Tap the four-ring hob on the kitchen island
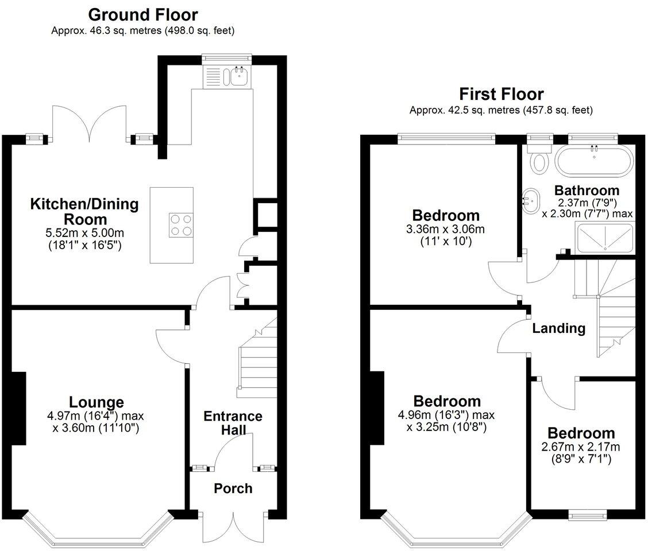tap(180, 225)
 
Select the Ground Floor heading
tap(143, 15)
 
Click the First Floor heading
tap(502, 94)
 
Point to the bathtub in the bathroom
tap(594, 162)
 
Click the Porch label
tap(233, 488)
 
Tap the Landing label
tap(559, 328)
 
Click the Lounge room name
tap(97, 402)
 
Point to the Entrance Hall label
tap(233, 423)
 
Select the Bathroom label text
tap(587, 191)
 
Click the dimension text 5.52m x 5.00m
tap(84, 233)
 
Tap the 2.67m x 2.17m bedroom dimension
tap(581, 447)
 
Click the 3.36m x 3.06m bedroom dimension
tap(446, 229)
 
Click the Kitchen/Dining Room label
tap(84, 211)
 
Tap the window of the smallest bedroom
tap(588, 515)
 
